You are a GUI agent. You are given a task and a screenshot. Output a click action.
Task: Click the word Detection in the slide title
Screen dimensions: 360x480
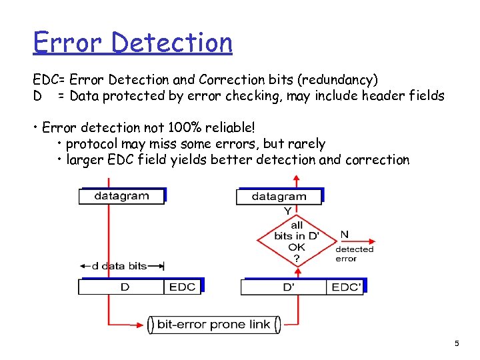[x=172, y=43]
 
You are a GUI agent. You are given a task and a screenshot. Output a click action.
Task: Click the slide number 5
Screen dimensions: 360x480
[x=457, y=344]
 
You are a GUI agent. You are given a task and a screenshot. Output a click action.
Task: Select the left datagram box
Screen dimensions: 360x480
[x=121, y=196]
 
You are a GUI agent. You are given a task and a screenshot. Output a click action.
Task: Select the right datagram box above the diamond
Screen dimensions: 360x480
[x=279, y=197]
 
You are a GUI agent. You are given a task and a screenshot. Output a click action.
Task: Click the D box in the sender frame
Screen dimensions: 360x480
[x=124, y=287]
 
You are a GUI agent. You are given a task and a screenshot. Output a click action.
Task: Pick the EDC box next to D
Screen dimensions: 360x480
[x=182, y=287]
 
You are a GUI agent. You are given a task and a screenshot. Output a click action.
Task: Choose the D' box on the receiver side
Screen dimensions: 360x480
[x=289, y=287]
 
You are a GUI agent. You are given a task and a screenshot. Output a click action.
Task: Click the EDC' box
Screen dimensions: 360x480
[x=346, y=287]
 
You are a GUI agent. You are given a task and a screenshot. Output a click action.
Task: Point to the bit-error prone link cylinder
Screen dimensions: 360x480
[x=213, y=325]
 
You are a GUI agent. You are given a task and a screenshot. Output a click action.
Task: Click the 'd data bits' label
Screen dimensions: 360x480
[x=119, y=266]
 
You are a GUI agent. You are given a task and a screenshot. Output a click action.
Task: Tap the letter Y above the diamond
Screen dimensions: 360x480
[x=288, y=211]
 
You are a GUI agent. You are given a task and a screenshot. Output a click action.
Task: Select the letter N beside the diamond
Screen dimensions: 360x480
[x=344, y=235]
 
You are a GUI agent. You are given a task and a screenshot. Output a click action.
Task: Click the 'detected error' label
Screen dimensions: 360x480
[x=354, y=254]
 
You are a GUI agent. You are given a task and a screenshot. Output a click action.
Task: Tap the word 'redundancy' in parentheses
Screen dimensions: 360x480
[x=339, y=80]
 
